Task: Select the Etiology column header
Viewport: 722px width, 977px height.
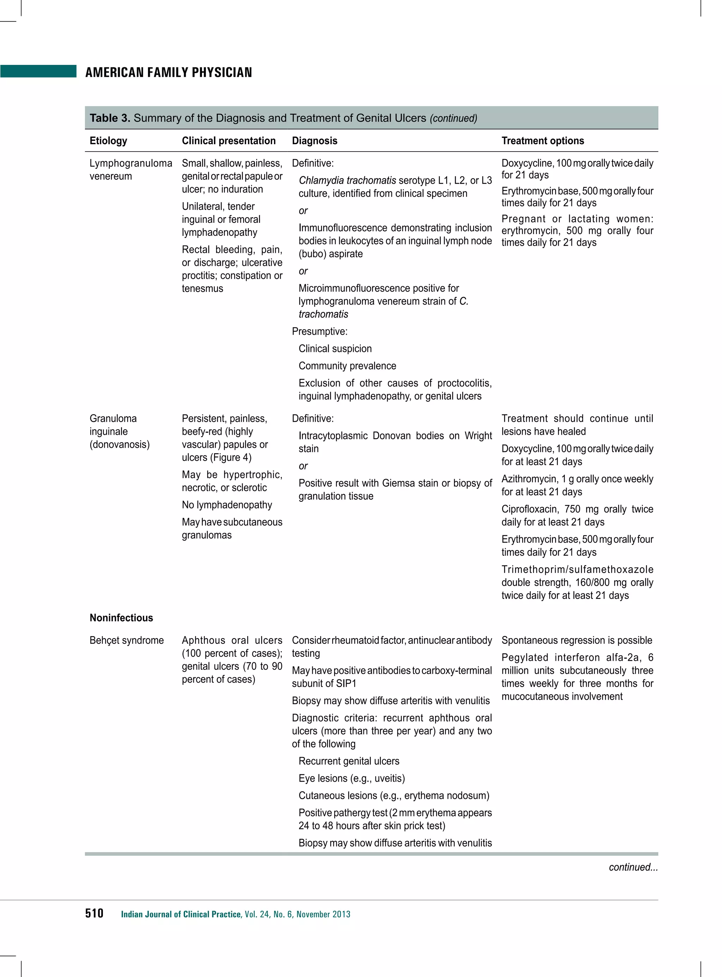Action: [x=108, y=141]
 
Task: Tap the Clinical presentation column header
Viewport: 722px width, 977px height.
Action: [x=228, y=141]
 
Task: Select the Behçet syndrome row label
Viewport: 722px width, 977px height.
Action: [x=126, y=640]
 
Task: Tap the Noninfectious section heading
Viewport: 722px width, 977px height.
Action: [x=121, y=618]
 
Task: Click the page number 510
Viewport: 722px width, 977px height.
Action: [x=94, y=913]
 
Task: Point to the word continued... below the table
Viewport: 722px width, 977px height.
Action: [x=633, y=867]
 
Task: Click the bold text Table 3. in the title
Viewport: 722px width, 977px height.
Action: [x=110, y=118]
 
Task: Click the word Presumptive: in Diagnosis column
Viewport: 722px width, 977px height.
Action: [x=319, y=331]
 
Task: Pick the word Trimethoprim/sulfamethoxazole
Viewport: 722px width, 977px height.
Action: [x=577, y=569]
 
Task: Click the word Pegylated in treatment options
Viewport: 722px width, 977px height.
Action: [x=525, y=658]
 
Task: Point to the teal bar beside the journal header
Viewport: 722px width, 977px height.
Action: [x=38, y=71]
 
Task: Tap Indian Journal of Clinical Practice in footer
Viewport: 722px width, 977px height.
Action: [x=180, y=914]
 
